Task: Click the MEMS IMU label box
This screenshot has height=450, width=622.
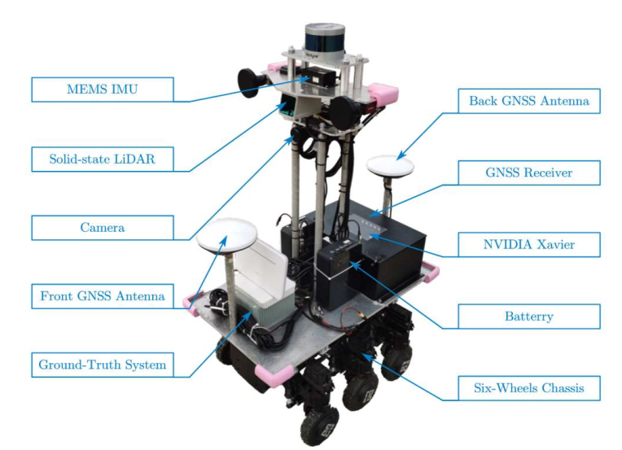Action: pos(102,90)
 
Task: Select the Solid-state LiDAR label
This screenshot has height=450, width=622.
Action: pos(102,159)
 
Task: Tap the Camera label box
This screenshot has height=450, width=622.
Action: pos(102,227)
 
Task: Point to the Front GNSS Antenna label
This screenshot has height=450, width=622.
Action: pos(102,295)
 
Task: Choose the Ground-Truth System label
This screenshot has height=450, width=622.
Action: pos(102,365)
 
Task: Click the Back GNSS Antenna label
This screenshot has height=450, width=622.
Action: pos(528,102)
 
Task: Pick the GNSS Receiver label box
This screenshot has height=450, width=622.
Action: pos(528,173)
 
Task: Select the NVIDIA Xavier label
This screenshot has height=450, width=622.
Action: pos(528,243)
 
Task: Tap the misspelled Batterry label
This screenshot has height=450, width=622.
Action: pos(528,316)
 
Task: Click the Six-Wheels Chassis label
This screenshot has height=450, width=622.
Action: pos(528,387)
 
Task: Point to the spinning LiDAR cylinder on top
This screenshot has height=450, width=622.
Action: pos(325,37)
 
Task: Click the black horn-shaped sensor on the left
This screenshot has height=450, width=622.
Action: pos(250,81)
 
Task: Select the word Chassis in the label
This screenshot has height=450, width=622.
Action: pos(558,387)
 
